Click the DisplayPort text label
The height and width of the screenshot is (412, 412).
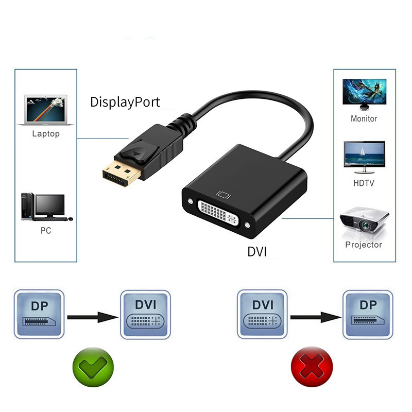[125, 102]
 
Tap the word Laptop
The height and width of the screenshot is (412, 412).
[46, 134]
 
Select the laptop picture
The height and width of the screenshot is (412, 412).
[46, 110]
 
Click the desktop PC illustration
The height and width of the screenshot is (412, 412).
[47, 207]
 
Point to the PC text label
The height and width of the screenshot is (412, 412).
[46, 230]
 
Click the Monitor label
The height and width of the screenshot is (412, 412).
[364, 119]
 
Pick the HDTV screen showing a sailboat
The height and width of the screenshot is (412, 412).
[364, 157]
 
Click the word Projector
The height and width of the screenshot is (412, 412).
[364, 245]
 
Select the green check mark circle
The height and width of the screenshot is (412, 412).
[93, 367]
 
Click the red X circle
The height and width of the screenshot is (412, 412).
[312, 367]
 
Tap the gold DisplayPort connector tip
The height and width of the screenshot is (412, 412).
[121, 174]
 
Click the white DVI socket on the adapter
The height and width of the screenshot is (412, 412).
[218, 213]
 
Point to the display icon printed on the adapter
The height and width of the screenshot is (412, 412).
[224, 195]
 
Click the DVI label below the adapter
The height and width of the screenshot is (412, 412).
[257, 252]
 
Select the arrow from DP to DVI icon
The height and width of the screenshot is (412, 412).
[93, 317]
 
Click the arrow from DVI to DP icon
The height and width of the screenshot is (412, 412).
[316, 317]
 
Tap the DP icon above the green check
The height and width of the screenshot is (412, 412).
[39, 314]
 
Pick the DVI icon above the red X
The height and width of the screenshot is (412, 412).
[262, 314]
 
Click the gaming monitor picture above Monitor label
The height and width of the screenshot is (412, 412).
[365, 94]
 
